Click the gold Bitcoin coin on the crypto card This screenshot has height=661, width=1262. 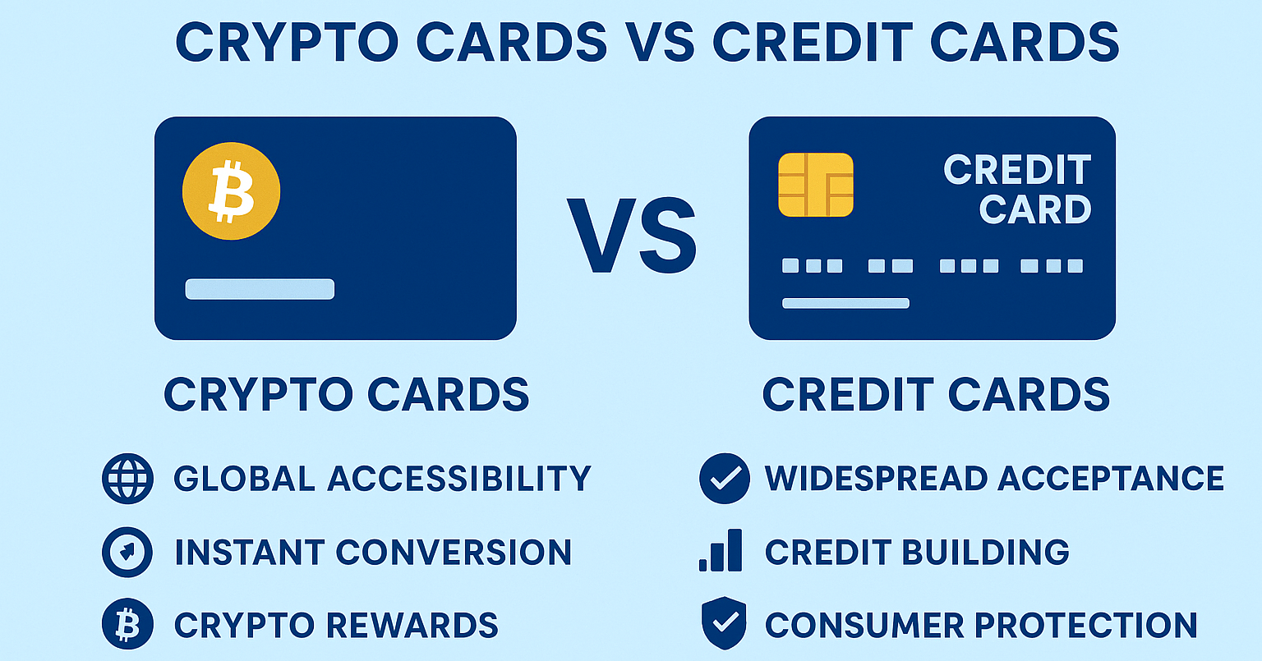pyautogui.click(x=231, y=190)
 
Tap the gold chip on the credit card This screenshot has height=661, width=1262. pyautogui.click(x=815, y=185)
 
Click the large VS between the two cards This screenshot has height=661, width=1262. pyautogui.click(x=632, y=236)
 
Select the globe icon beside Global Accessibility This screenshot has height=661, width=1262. pyautogui.click(x=127, y=479)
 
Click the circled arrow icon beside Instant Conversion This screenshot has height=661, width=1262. pyautogui.click(x=127, y=552)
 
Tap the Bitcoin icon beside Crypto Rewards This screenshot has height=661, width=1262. pyautogui.click(x=127, y=624)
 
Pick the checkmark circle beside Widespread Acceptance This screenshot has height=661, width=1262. pyautogui.click(x=725, y=479)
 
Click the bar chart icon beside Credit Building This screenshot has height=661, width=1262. pyautogui.click(x=721, y=551)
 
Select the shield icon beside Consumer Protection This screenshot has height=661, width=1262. pyautogui.click(x=724, y=623)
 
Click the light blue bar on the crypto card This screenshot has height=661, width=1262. pyautogui.click(x=260, y=289)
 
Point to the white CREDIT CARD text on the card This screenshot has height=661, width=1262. pyautogui.click(x=1017, y=189)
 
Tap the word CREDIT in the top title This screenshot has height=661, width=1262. pyautogui.click(x=813, y=42)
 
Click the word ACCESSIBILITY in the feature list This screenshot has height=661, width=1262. pyautogui.click(x=459, y=479)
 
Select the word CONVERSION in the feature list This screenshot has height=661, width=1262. pyautogui.click(x=454, y=552)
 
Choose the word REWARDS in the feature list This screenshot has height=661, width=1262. pyautogui.click(x=412, y=625)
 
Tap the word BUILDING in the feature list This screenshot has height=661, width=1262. pyautogui.click(x=985, y=552)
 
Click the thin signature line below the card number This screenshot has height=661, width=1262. pyautogui.click(x=845, y=304)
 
